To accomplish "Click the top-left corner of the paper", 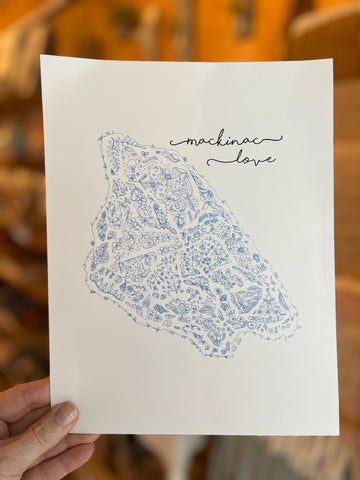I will tap(42, 56).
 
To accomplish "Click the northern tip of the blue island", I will tap(103, 133).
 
